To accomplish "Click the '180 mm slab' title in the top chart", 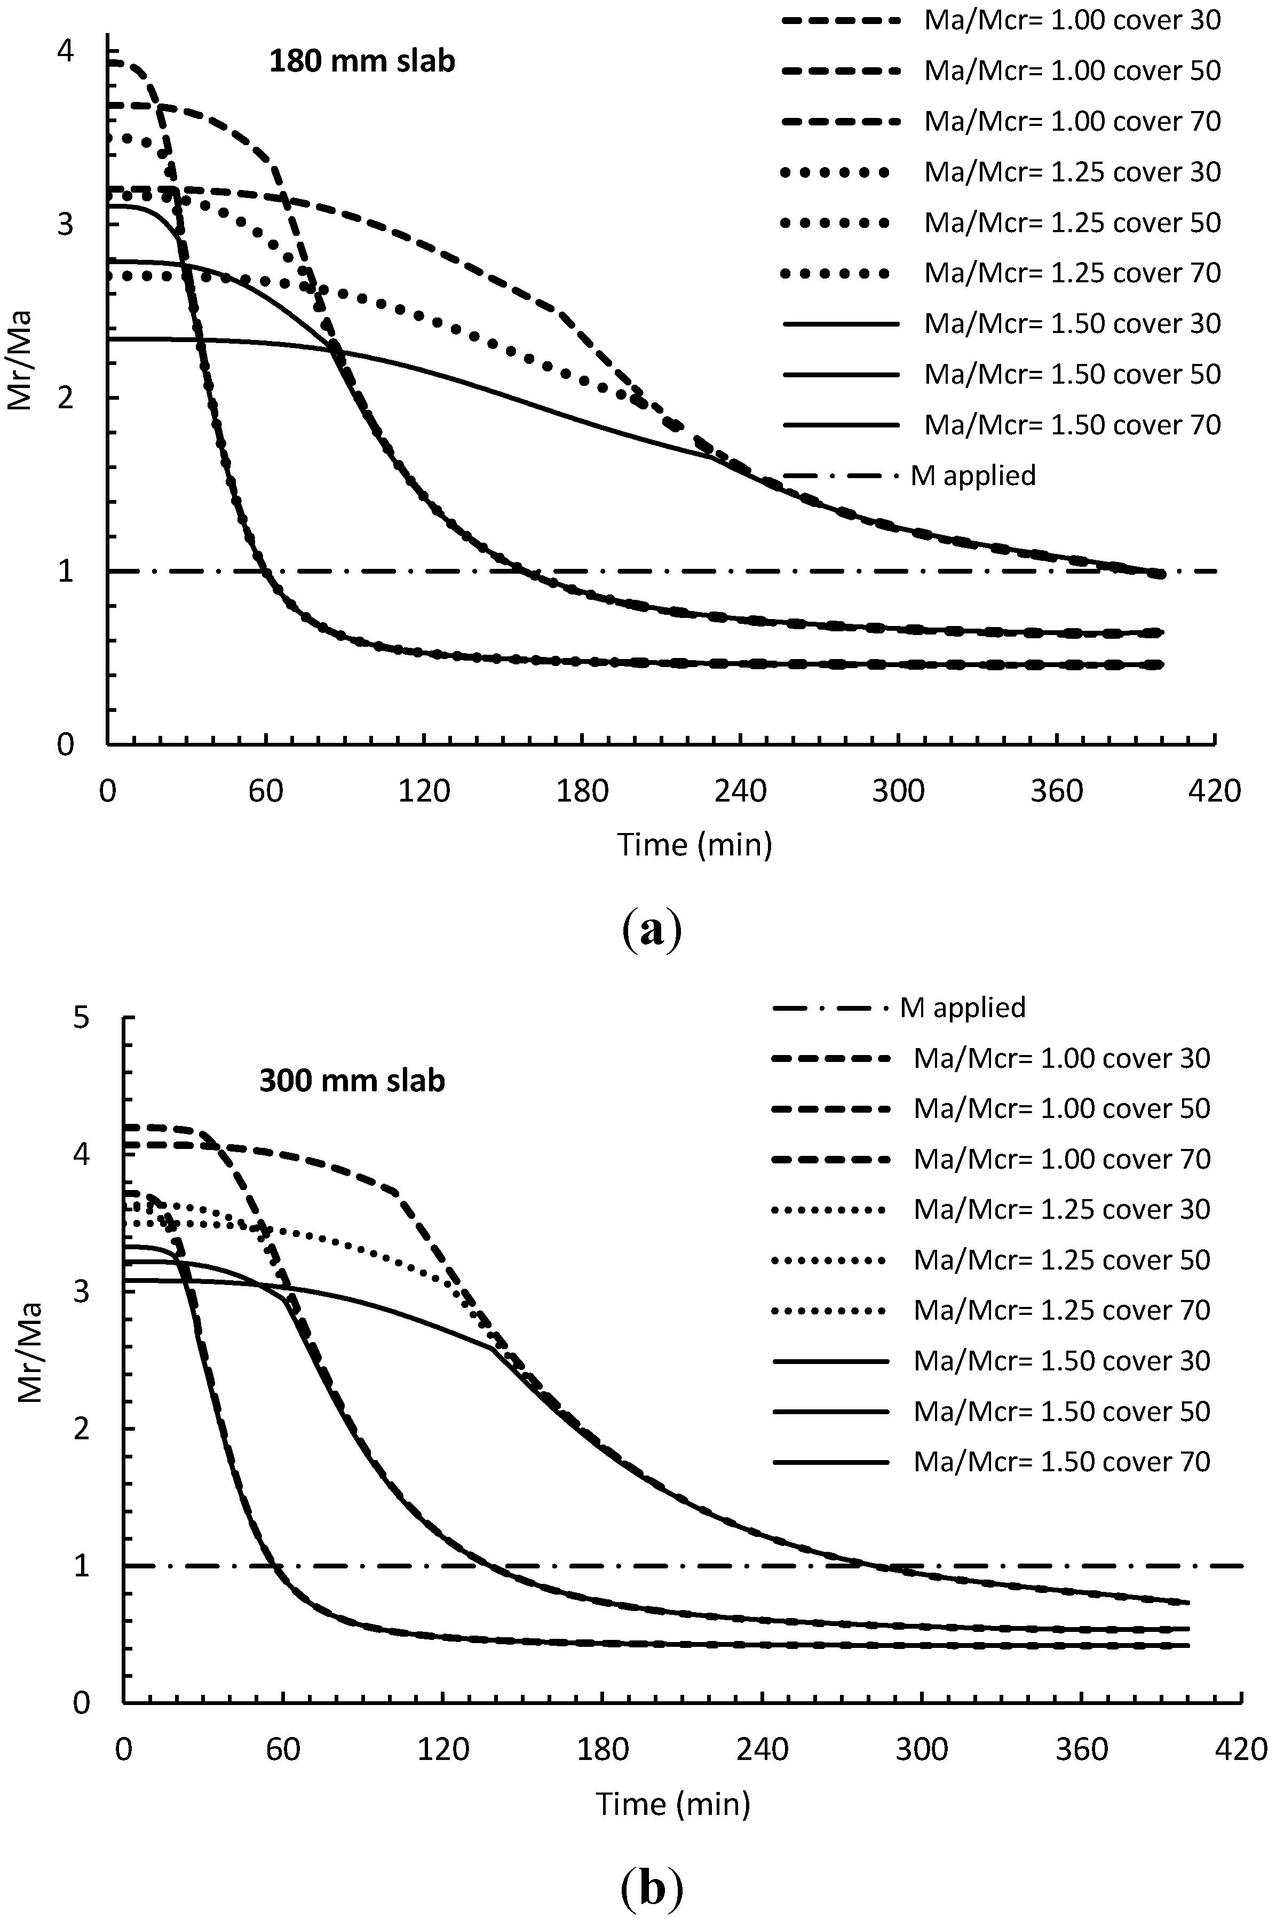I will (x=361, y=61).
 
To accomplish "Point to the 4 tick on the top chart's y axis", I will (x=64, y=52).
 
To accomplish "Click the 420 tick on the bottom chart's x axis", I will (x=1242, y=1750).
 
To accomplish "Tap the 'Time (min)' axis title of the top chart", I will (x=694, y=844).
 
